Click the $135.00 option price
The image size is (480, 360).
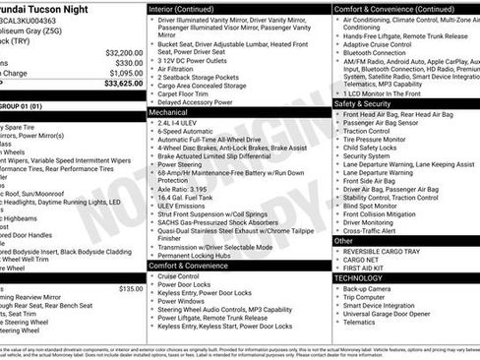(131, 288)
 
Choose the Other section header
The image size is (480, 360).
(343, 240)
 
